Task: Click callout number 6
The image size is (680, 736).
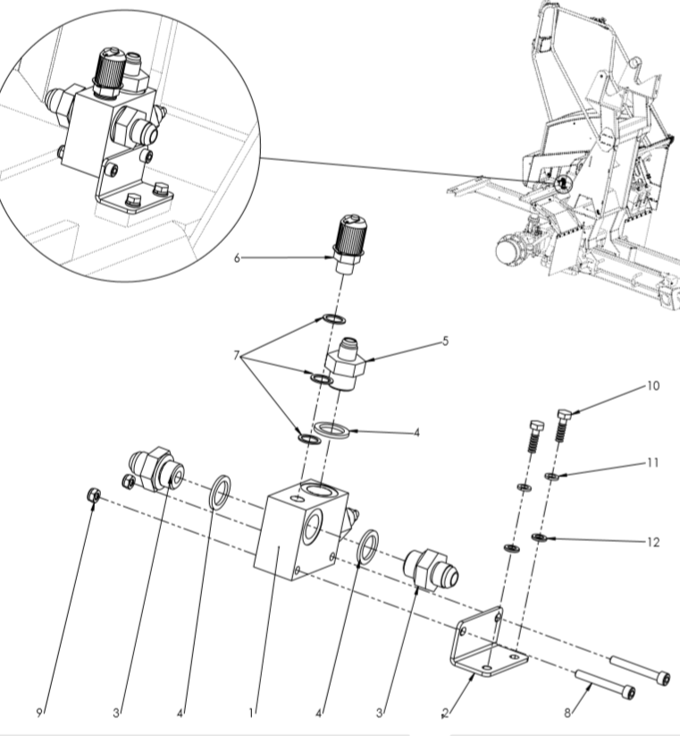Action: tap(237, 258)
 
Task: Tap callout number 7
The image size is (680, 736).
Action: tap(238, 355)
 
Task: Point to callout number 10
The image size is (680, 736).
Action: tap(653, 387)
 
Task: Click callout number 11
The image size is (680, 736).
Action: tap(653, 464)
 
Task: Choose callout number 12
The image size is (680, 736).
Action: tap(653, 542)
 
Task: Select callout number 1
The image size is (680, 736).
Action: tap(252, 713)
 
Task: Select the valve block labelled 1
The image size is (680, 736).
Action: tap(295, 537)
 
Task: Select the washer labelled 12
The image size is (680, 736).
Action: tap(540, 537)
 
